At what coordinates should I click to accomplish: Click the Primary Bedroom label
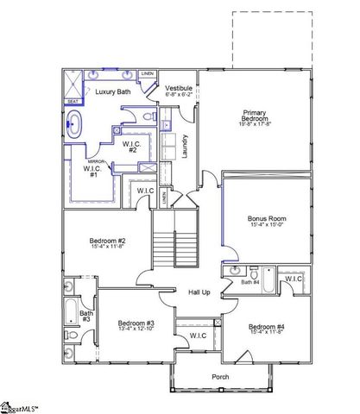pyautogui.click(x=253, y=116)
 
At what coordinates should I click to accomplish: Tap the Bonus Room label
pyautogui.click(x=266, y=219)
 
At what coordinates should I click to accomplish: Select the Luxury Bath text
pyautogui.click(x=114, y=91)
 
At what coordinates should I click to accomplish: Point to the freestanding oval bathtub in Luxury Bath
pyautogui.click(x=75, y=124)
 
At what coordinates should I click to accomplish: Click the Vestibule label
pyautogui.click(x=179, y=88)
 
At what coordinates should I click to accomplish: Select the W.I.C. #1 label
pyautogui.click(x=89, y=171)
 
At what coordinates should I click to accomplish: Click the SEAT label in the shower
pyautogui.click(x=73, y=102)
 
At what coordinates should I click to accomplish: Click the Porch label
pyautogui.click(x=221, y=376)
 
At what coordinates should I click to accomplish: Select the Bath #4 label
pyautogui.click(x=250, y=282)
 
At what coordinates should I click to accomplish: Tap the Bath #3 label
pyautogui.click(x=85, y=317)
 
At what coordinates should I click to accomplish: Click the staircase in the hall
pyautogui.click(x=175, y=241)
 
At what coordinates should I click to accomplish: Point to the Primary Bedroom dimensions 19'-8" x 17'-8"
pyautogui.click(x=253, y=124)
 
